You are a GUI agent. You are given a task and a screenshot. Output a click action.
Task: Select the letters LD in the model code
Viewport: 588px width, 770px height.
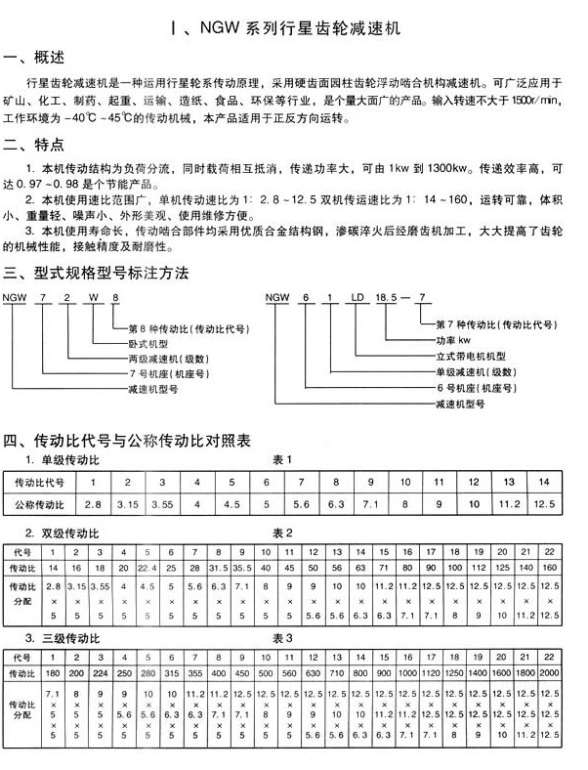click(359, 299)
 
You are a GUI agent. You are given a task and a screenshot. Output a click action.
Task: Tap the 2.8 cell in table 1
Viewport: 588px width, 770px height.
click(93, 504)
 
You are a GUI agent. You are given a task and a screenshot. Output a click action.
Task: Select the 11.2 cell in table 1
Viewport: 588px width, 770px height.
click(510, 504)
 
